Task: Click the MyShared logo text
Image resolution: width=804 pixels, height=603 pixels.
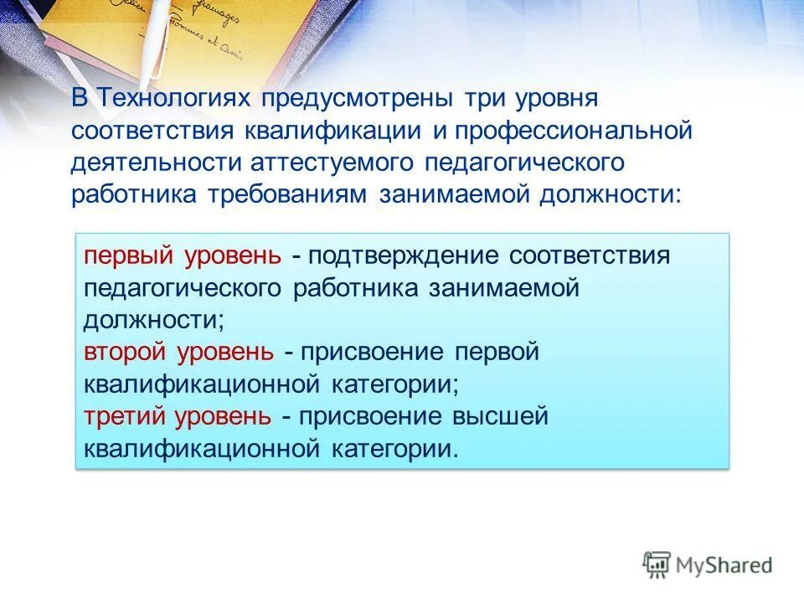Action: (x=724, y=565)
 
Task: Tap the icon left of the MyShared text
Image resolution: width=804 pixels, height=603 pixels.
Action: (x=657, y=565)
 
